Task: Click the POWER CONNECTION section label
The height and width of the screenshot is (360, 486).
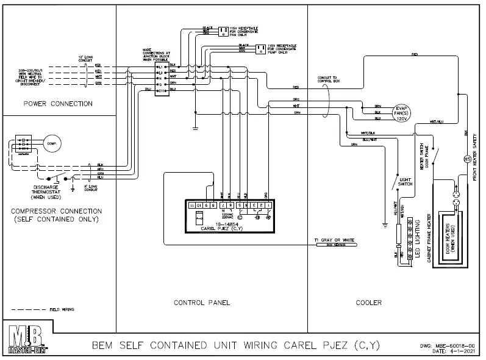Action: tap(58, 104)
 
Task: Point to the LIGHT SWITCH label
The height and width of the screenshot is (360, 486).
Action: tap(405, 181)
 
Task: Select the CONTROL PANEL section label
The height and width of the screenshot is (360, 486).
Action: tap(201, 303)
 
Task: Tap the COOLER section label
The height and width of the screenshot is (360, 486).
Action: tap(369, 303)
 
